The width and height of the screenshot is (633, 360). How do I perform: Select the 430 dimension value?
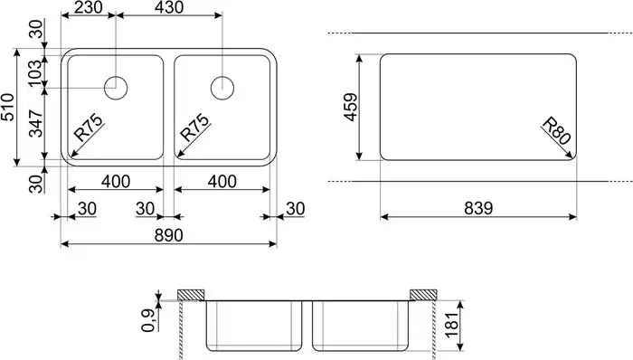coord(168,8)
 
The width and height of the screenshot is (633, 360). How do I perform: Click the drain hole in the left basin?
coord(118,88)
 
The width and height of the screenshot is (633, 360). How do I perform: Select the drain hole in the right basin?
coord(223,88)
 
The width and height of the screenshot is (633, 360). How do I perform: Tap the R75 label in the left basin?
coord(88,129)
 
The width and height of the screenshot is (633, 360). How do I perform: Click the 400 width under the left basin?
coord(115,182)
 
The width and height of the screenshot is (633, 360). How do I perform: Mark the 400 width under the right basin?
coord(221,182)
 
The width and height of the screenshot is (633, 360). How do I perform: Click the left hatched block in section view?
coord(191,295)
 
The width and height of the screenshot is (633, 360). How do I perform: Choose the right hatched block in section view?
coord(423,295)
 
